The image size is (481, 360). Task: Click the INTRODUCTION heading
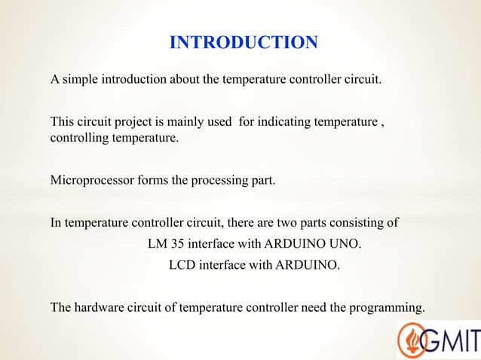[x=244, y=42]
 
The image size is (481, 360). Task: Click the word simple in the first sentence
[x=77, y=79]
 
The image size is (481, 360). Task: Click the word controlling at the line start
[x=78, y=139]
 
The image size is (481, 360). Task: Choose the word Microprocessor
[x=87, y=181]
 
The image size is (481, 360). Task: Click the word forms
[x=143, y=181]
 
